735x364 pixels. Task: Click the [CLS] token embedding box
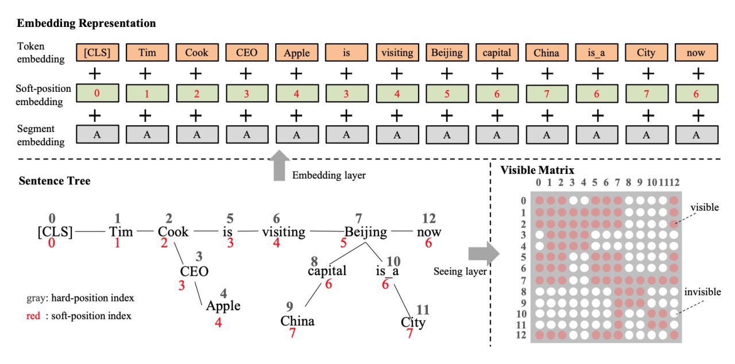[x=98, y=52]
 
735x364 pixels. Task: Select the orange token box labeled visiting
[x=397, y=52]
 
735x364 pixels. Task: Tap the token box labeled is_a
[x=597, y=52]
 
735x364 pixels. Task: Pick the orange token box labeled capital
[x=497, y=52]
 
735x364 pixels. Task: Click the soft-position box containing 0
[x=98, y=93]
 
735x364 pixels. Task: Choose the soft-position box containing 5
[x=447, y=94]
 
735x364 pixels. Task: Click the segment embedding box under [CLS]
[x=98, y=134]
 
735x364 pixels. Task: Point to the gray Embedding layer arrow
[x=279, y=165]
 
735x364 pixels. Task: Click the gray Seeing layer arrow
[x=483, y=254]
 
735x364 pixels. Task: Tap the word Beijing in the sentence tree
[x=366, y=232]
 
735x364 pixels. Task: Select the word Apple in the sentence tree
[x=223, y=306]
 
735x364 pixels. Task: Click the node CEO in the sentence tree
[x=194, y=272]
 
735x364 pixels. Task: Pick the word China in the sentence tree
[x=297, y=321]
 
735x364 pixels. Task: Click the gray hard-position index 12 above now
[x=428, y=218]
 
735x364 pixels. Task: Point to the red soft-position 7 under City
[x=409, y=334]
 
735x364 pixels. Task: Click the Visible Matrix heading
[x=537, y=170]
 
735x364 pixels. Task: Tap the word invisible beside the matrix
[x=702, y=292]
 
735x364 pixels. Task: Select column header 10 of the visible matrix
[x=652, y=183]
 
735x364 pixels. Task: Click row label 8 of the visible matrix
[x=523, y=292]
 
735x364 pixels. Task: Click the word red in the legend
[x=33, y=316]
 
